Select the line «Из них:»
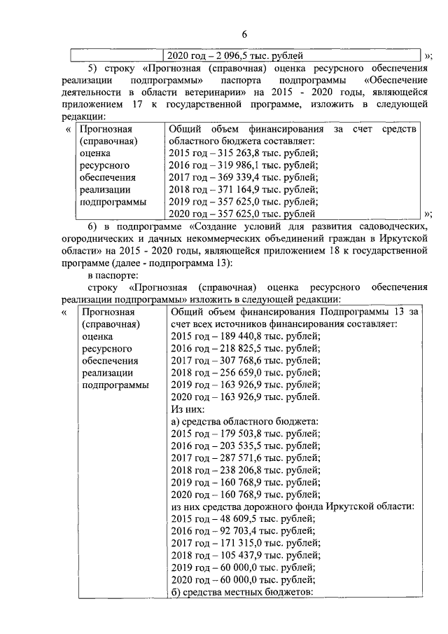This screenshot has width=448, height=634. [x=188, y=408]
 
